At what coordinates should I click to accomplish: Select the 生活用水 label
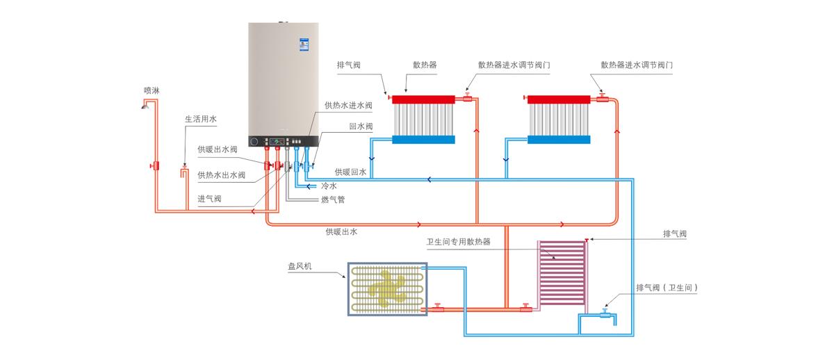coord(201,119)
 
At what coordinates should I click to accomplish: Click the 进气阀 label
coord(209,199)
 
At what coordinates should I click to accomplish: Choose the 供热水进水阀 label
coord(348,106)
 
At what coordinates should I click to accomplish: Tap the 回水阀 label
coord(361,126)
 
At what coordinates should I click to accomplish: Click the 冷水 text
coord(329,186)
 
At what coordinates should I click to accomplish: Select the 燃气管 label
coord(333,199)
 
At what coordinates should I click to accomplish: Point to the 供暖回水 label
coord(350,172)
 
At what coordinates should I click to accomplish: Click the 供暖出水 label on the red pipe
coord(341,231)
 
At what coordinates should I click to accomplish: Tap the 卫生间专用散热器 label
coord(458,242)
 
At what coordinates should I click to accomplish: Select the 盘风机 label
coord(300,265)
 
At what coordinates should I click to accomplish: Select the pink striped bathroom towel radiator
coord(562,272)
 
